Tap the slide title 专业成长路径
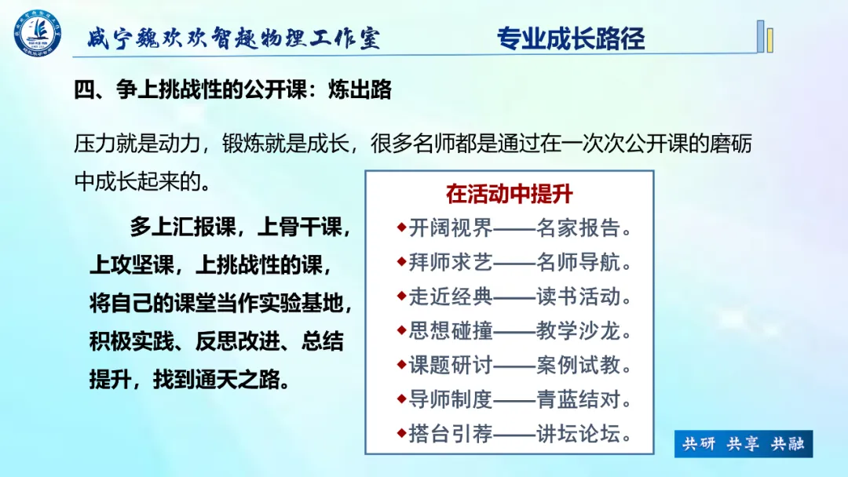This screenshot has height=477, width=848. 571,38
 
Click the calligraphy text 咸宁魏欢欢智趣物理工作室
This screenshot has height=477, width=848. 234,38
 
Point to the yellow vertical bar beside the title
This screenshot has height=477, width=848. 769,40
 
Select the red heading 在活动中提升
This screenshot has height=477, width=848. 509,194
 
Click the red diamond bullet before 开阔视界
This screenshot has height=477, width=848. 401,227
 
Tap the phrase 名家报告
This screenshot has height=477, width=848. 578,228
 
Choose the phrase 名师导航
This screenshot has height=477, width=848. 578,262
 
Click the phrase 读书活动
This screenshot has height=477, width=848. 578,296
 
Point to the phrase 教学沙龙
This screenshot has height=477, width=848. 578,330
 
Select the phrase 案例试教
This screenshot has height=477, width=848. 578,365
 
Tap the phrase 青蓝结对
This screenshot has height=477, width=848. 578,399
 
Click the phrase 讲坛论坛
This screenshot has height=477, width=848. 578,433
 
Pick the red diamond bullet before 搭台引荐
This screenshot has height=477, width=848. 401,433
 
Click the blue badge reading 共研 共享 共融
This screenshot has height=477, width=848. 743,444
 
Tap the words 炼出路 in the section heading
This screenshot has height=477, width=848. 360,89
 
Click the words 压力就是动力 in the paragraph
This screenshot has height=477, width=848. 137,144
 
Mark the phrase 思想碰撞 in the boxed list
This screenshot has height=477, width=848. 451,330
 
